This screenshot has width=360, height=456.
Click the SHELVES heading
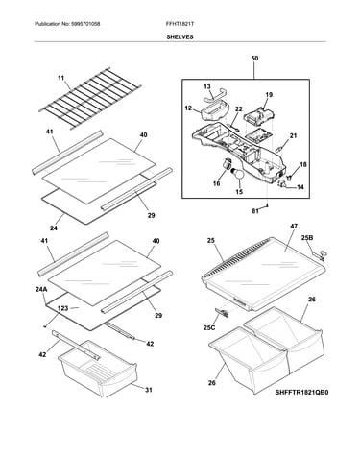(180, 36)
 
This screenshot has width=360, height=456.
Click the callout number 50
(254, 59)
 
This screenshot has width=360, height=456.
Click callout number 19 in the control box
(269, 95)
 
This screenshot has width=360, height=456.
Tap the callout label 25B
(307, 238)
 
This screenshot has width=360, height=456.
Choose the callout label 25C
(209, 327)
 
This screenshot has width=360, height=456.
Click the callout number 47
(294, 226)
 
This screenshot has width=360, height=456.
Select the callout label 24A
(41, 290)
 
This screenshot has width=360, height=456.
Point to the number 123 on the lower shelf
(63, 308)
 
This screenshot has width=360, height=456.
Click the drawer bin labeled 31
(97, 369)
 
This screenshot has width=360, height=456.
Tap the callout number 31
(149, 390)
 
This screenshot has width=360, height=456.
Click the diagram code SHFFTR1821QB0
(301, 392)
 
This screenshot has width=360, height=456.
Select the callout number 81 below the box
(255, 211)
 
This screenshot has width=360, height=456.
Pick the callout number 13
(207, 86)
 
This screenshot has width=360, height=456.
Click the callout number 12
(188, 108)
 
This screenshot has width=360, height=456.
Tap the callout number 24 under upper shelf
(54, 228)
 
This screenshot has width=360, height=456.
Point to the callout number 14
(300, 187)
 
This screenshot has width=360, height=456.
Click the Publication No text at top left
(67, 24)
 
